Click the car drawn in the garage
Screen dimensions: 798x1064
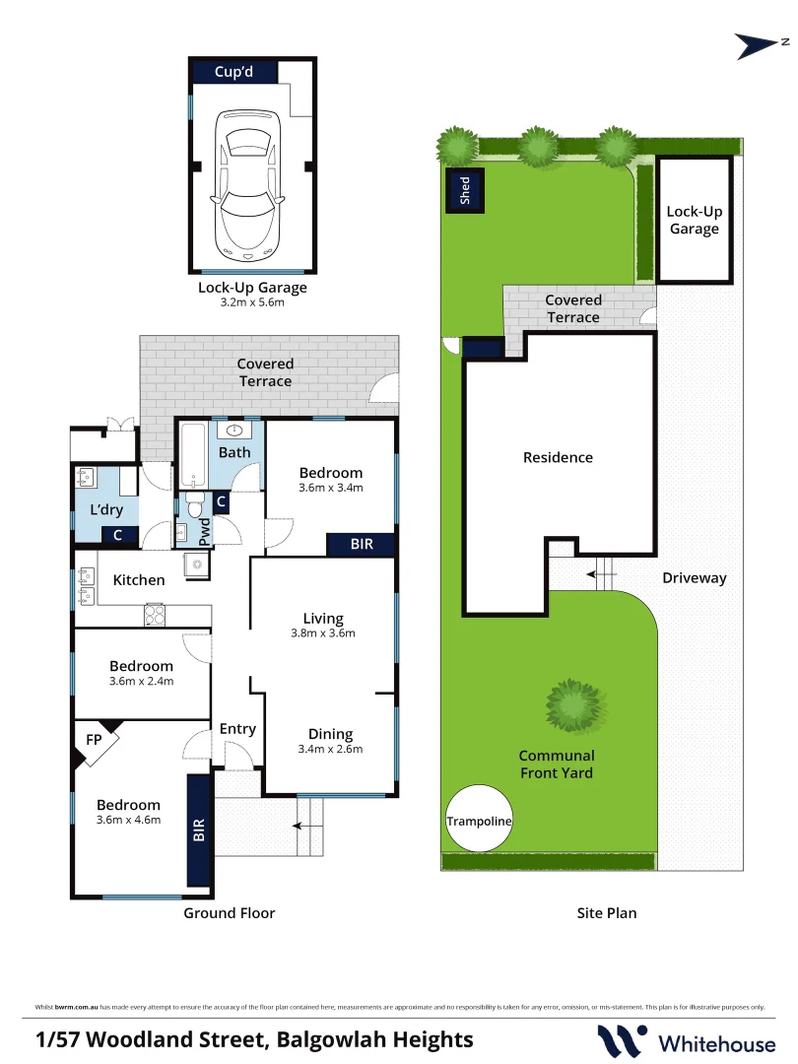coord(247,185)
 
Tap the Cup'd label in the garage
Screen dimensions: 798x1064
coord(234,72)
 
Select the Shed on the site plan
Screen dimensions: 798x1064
coord(465,190)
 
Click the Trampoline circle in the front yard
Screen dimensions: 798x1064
coord(479,819)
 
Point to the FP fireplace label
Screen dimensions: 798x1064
coord(94,740)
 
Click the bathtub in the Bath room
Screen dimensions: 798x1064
coord(193,455)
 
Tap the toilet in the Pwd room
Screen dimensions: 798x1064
coord(195,504)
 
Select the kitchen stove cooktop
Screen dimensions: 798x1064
coord(155,615)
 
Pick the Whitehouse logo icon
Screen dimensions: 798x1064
coord(622,1041)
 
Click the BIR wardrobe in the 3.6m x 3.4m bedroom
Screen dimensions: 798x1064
coord(361,544)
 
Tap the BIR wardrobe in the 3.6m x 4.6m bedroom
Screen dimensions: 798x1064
coord(199,830)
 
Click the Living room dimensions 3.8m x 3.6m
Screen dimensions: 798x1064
coord(323,633)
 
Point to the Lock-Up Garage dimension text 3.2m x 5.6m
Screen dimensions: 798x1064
coord(252,302)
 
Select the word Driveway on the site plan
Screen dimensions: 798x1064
coord(695,578)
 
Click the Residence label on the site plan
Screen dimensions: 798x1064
coord(558,457)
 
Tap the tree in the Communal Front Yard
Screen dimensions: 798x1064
coord(576,705)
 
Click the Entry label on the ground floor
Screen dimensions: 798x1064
coord(237,729)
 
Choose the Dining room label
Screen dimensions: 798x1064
coord(330,734)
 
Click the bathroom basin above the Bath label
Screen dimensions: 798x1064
coord(234,431)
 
